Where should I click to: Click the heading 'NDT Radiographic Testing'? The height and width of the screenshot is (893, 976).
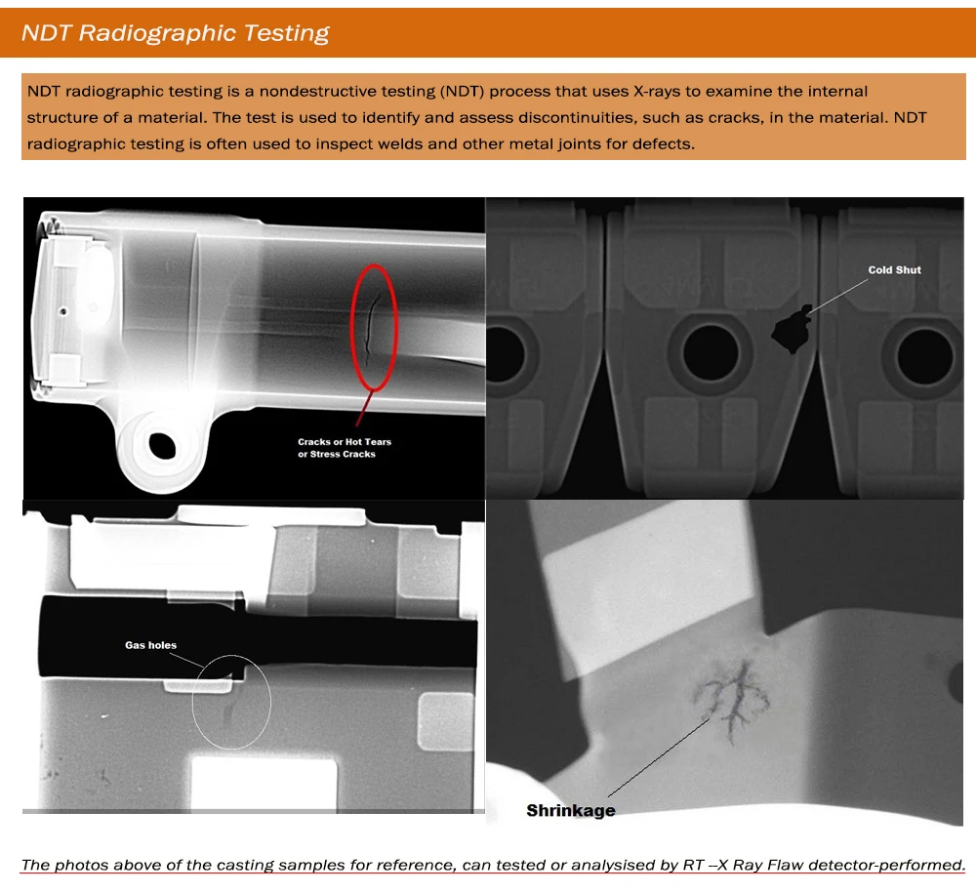[x=176, y=33]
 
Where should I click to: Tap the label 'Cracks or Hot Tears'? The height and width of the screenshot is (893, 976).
[x=345, y=442]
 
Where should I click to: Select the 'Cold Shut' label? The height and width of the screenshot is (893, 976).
[x=894, y=270]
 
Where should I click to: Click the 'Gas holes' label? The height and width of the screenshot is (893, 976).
[x=150, y=645]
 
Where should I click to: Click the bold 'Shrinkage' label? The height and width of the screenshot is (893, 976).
[x=571, y=810]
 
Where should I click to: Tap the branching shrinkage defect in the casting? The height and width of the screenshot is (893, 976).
[x=732, y=697]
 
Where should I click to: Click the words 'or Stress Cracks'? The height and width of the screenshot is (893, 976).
[x=336, y=454]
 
